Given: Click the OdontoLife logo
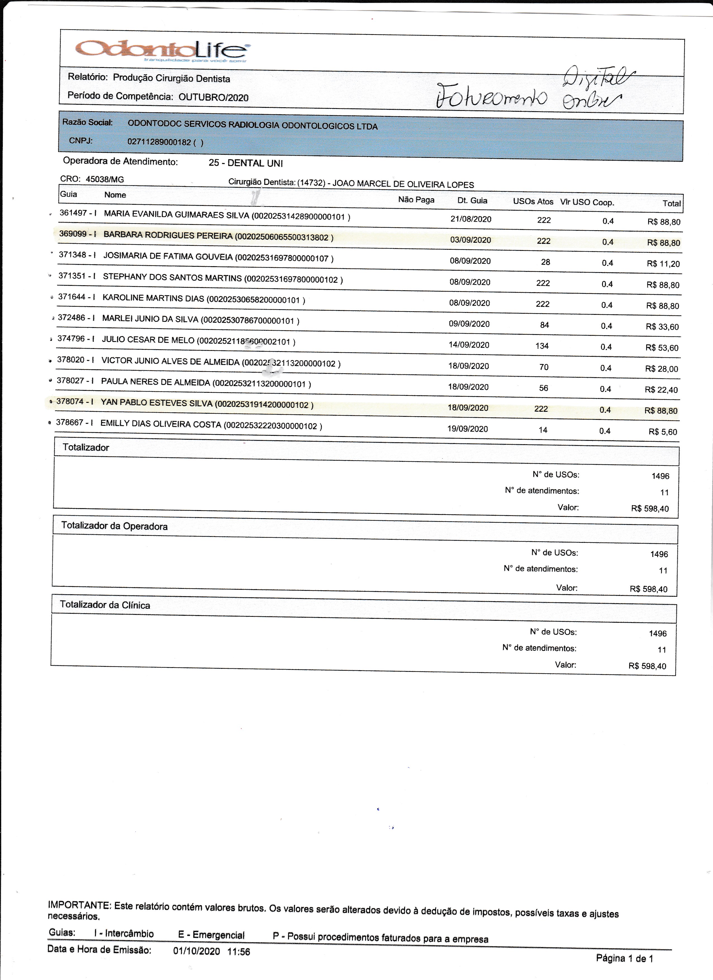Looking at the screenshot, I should (x=162, y=50).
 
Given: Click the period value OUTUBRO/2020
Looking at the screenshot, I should (x=213, y=97).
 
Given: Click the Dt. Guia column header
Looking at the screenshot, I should (x=472, y=201).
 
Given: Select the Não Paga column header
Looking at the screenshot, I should (x=416, y=200).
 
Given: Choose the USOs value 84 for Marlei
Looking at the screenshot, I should (x=545, y=325).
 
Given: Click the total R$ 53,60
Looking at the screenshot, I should (x=662, y=348).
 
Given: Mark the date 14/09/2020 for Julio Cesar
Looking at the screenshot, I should (x=469, y=345).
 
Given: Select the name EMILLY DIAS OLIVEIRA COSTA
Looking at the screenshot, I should (x=161, y=424).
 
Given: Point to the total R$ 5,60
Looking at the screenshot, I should (x=663, y=432).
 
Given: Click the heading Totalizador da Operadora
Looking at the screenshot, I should (x=114, y=526).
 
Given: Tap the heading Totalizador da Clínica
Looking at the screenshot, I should (x=105, y=605).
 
